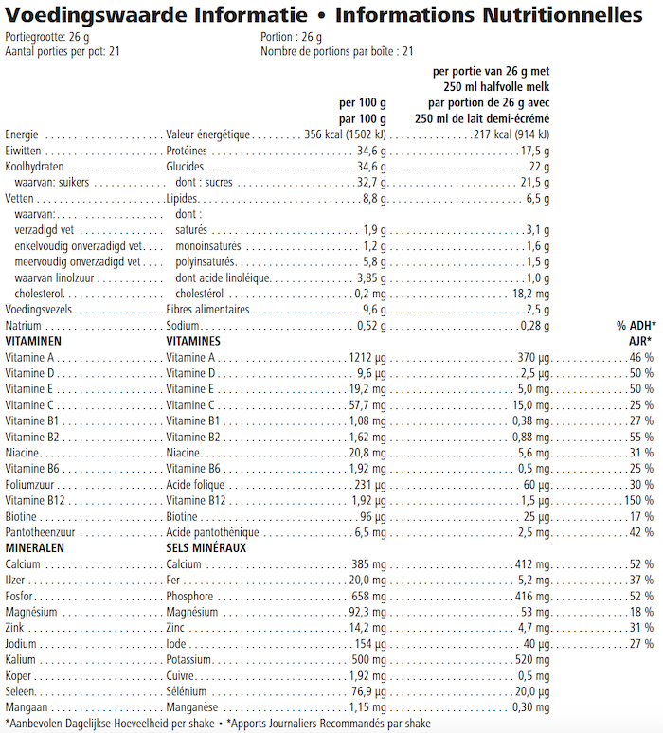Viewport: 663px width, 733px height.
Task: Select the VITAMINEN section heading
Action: (x=34, y=341)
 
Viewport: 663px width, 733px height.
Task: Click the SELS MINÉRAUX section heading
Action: (x=206, y=548)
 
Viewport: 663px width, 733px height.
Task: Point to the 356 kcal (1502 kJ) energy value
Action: (x=343, y=134)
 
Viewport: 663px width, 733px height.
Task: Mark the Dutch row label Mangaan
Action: (x=25, y=707)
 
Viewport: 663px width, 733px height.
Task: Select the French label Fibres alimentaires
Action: (x=207, y=309)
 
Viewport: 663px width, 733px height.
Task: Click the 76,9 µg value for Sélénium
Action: (x=367, y=691)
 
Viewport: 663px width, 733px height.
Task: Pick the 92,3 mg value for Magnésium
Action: (x=365, y=613)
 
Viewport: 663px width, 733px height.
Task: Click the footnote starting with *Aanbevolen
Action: (x=109, y=724)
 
